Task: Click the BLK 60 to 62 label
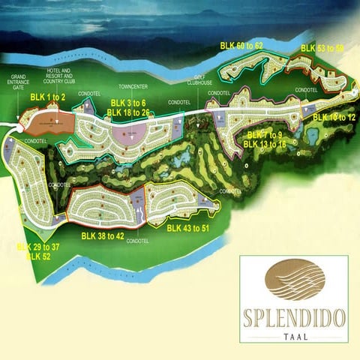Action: pyautogui.click(x=241, y=46)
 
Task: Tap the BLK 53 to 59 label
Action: pyautogui.click(x=322, y=49)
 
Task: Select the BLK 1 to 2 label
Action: pyautogui.click(x=49, y=97)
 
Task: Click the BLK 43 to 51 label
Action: pyautogui.click(x=189, y=228)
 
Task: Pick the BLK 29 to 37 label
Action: pyautogui.click(x=38, y=247)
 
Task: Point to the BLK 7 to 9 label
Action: pyautogui.click(x=265, y=135)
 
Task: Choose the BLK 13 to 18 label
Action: pyautogui.click(x=265, y=144)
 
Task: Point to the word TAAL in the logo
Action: pyautogui.click(x=293, y=337)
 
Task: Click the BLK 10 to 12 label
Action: pyautogui.click(x=333, y=118)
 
